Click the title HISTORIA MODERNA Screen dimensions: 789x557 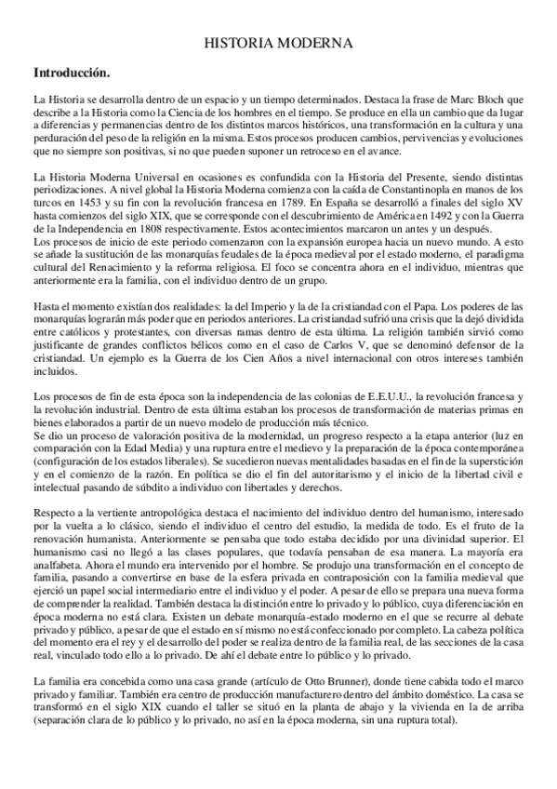pyautogui.click(x=277, y=44)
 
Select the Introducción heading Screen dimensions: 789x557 pyautogui.click(x=71, y=71)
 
